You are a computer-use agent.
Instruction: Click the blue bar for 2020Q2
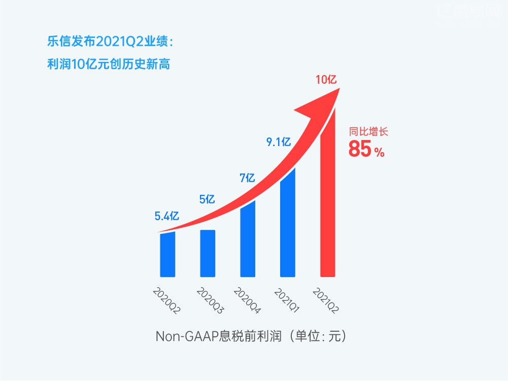point(167,255)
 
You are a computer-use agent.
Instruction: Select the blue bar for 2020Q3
point(208,253)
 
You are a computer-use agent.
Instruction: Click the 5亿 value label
point(207,199)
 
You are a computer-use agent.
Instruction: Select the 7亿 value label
point(247,178)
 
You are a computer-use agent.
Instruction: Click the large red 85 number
point(360,150)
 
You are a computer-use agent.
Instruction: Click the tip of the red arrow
point(338,90)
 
